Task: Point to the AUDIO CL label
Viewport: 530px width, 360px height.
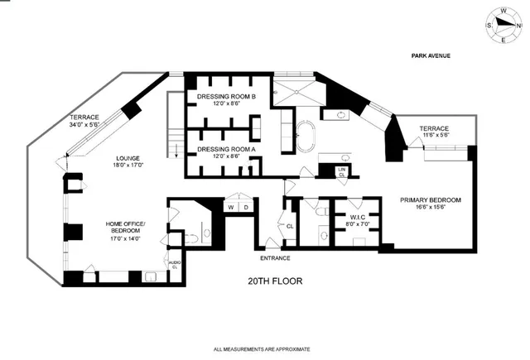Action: click(x=174, y=266)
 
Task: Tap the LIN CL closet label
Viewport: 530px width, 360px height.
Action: click(x=341, y=171)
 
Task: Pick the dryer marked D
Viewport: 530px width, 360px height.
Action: click(x=245, y=206)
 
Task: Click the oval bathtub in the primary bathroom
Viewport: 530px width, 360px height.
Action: click(x=307, y=137)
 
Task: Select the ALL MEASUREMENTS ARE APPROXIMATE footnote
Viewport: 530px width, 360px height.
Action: click(x=265, y=348)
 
